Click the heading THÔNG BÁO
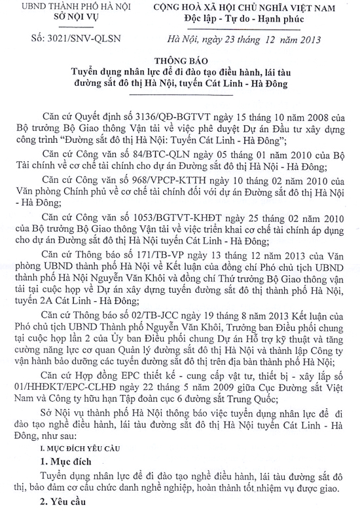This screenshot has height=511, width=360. pos(180,58)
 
